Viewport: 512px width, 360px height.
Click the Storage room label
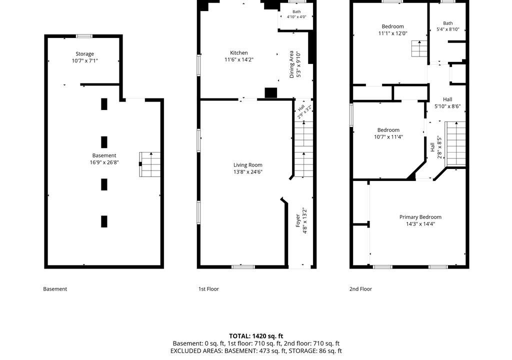[x=84, y=54]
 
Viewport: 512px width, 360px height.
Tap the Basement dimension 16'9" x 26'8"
[x=104, y=162]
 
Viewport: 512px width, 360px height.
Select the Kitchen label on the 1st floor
[x=239, y=52]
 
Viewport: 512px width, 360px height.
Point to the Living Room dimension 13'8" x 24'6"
[x=248, y=172]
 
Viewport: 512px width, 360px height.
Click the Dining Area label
[x=291, y=64]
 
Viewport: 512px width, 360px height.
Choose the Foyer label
[x=298, y=220]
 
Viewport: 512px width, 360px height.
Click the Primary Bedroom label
[x=420, y=217]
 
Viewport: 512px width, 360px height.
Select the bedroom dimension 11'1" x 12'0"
[x=393, y=33]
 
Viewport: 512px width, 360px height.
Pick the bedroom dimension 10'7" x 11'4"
[x=388, y=137]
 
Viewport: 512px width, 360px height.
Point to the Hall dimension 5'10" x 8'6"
[x=447, y=106]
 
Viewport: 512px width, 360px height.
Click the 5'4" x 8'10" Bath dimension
[x=448, y=29]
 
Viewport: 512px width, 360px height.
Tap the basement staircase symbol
[x=150, y=164]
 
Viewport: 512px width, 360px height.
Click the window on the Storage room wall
[x=84, y=36]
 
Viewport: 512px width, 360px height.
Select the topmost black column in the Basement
[x=104, y=104]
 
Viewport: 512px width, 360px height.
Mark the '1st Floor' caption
[x=208, y=289]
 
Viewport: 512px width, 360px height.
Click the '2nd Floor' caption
[x=360, y=289]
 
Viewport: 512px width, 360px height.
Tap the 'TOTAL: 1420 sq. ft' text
[x=256, y=336]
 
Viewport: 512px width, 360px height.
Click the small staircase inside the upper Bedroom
[x=419, y=48]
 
